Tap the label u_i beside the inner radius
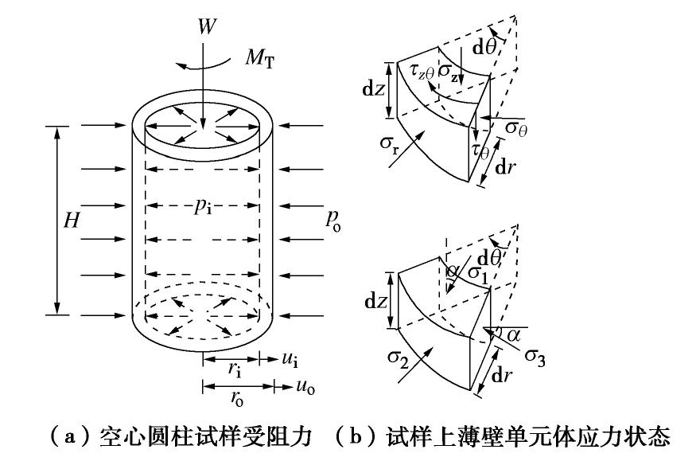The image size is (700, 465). [x=290, y=361]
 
